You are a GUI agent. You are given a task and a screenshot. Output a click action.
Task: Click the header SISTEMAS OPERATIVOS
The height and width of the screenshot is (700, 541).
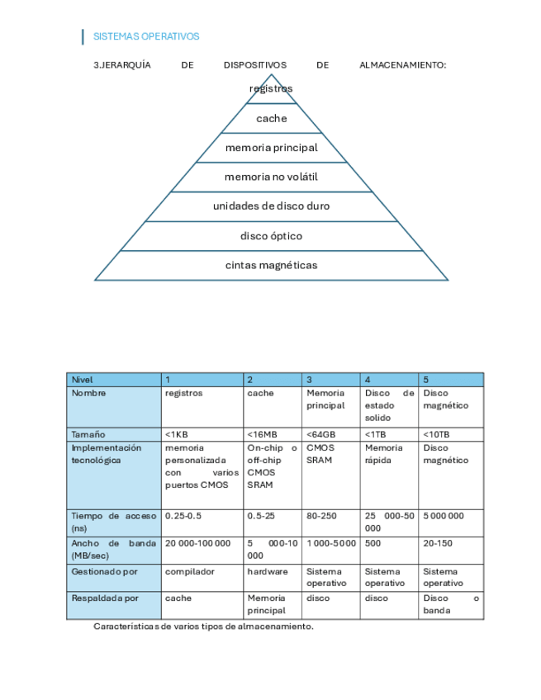[146, 36]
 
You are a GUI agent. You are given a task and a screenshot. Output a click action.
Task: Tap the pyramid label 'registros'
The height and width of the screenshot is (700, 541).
[271, 88]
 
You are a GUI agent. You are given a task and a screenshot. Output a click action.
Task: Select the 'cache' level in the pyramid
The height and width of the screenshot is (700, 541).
[271, 118]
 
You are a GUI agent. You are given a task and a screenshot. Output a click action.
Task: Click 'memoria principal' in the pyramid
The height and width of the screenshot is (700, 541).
[271, 148]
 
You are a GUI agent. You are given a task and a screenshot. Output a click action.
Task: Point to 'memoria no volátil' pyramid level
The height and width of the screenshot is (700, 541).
[271, 177]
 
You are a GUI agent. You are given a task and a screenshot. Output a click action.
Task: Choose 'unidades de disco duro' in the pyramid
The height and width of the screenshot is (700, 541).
[271, 206]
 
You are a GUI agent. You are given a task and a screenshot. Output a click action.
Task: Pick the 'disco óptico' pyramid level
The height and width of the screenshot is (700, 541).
[271, 236]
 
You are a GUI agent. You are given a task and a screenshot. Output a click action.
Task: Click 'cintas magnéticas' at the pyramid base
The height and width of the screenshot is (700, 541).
[271, 265]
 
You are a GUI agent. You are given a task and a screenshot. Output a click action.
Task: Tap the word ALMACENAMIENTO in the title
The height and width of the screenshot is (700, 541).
[403, 64]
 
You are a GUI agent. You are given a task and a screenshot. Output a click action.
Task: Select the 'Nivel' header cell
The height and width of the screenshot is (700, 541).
[83, 380]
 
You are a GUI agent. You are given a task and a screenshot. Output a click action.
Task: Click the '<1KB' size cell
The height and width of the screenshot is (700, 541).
[176, 434]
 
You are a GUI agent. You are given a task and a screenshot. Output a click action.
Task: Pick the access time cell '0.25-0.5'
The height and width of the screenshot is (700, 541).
[183, 516]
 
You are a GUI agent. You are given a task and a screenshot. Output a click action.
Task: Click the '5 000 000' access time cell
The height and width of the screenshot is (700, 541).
[444, 516]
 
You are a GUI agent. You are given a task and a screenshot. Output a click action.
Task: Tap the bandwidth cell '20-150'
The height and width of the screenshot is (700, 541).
[438, 543]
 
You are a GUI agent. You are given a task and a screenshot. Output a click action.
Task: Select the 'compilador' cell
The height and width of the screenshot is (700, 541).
[189, 571]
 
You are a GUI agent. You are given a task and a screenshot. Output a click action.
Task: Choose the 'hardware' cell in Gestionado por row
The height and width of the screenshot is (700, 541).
[267, 571]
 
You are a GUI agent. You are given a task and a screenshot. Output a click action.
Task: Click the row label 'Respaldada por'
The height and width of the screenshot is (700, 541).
[105, 598]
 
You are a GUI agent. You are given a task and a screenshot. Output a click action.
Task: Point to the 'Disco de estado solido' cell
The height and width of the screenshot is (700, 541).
[389, 405]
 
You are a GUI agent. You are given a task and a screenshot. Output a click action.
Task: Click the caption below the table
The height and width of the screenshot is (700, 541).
[203, 627]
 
